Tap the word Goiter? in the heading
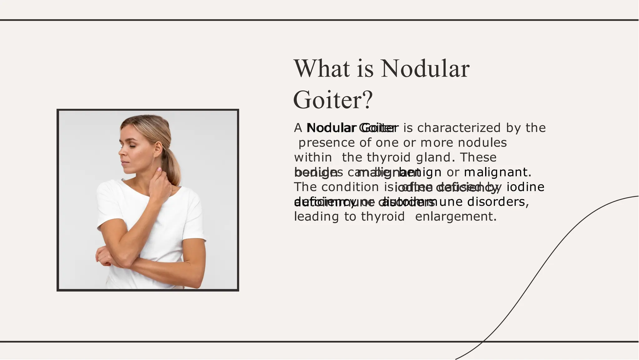point(333,100)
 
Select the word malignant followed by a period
point(497,172)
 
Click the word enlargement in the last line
point(456,216)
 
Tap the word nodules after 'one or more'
point(482,143)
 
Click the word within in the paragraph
point(313,157)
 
